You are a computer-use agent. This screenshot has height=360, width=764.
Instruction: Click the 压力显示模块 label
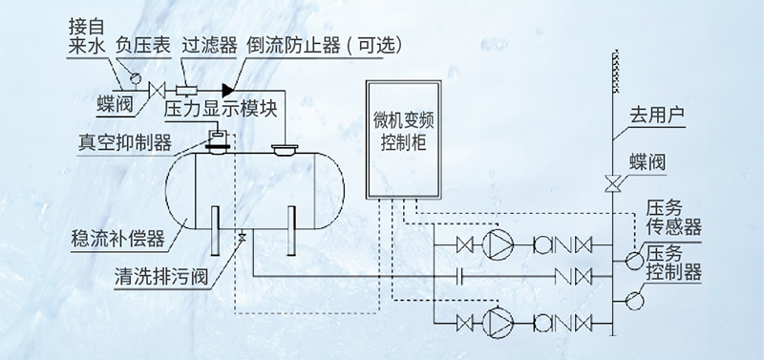tap(220, 109)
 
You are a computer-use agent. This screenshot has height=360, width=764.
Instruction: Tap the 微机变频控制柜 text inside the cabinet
tap(401, 134)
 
